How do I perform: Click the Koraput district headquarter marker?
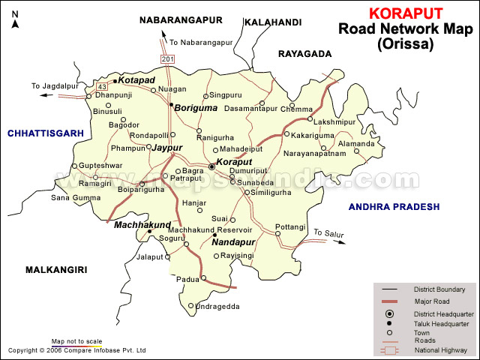point(211,166)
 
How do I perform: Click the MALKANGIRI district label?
point(56,269)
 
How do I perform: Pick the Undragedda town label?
point(217,306)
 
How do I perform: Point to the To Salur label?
point(328,233)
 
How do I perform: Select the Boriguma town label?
point(196,108)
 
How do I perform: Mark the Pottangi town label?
point(290,226)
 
